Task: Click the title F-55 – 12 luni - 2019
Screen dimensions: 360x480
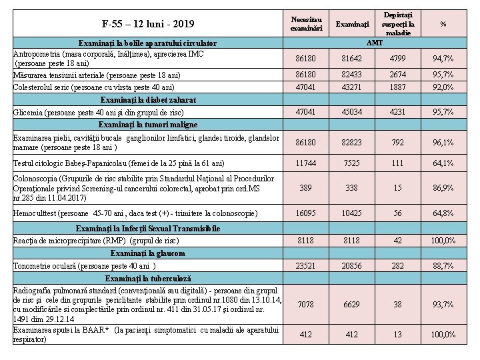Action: (x=148, y=25)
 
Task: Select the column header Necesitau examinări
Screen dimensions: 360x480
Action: (x=307, y=23)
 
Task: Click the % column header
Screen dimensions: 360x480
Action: (x=443, y=24)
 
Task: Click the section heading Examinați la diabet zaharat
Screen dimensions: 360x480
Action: (x=147, y=99)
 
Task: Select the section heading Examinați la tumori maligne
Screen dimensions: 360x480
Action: (x=147, y=125)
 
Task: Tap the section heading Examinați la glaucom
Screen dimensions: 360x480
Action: (x=147, y=253)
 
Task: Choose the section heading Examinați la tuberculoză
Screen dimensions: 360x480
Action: (x=147, y=279)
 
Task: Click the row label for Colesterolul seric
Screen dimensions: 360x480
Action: (x=94, y=87)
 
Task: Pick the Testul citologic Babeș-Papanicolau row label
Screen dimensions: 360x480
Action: (x=119, y=163)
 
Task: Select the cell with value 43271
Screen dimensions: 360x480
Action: (x=352, y=87)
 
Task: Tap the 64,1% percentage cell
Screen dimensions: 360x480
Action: (x=443, y=163)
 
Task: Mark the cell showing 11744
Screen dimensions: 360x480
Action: (x=307, y=163)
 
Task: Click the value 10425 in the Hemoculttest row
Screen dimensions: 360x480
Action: (x=352, y=213)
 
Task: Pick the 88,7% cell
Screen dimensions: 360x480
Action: (x=443, y=266)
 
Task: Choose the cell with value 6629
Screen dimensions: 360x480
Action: (x=352, y=305)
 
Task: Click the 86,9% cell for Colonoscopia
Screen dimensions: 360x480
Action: (x=443, y=188)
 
